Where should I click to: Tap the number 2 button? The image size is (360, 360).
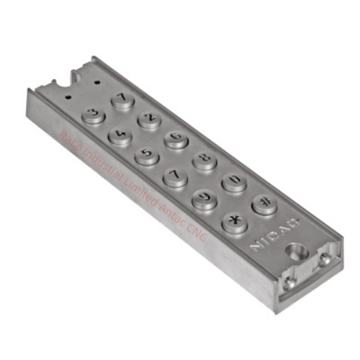tap(148, 119)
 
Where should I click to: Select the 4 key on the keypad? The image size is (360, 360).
tap(120, 135)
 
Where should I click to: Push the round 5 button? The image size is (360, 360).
tap(148, 155)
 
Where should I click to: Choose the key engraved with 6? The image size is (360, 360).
tap(175, 138)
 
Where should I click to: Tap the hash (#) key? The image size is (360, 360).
tap(264, 203)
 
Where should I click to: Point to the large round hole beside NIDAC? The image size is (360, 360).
tap(290, 244)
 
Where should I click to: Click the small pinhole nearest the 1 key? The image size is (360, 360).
tap(96, 82)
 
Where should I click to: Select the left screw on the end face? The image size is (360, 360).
tap(290, 279)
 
